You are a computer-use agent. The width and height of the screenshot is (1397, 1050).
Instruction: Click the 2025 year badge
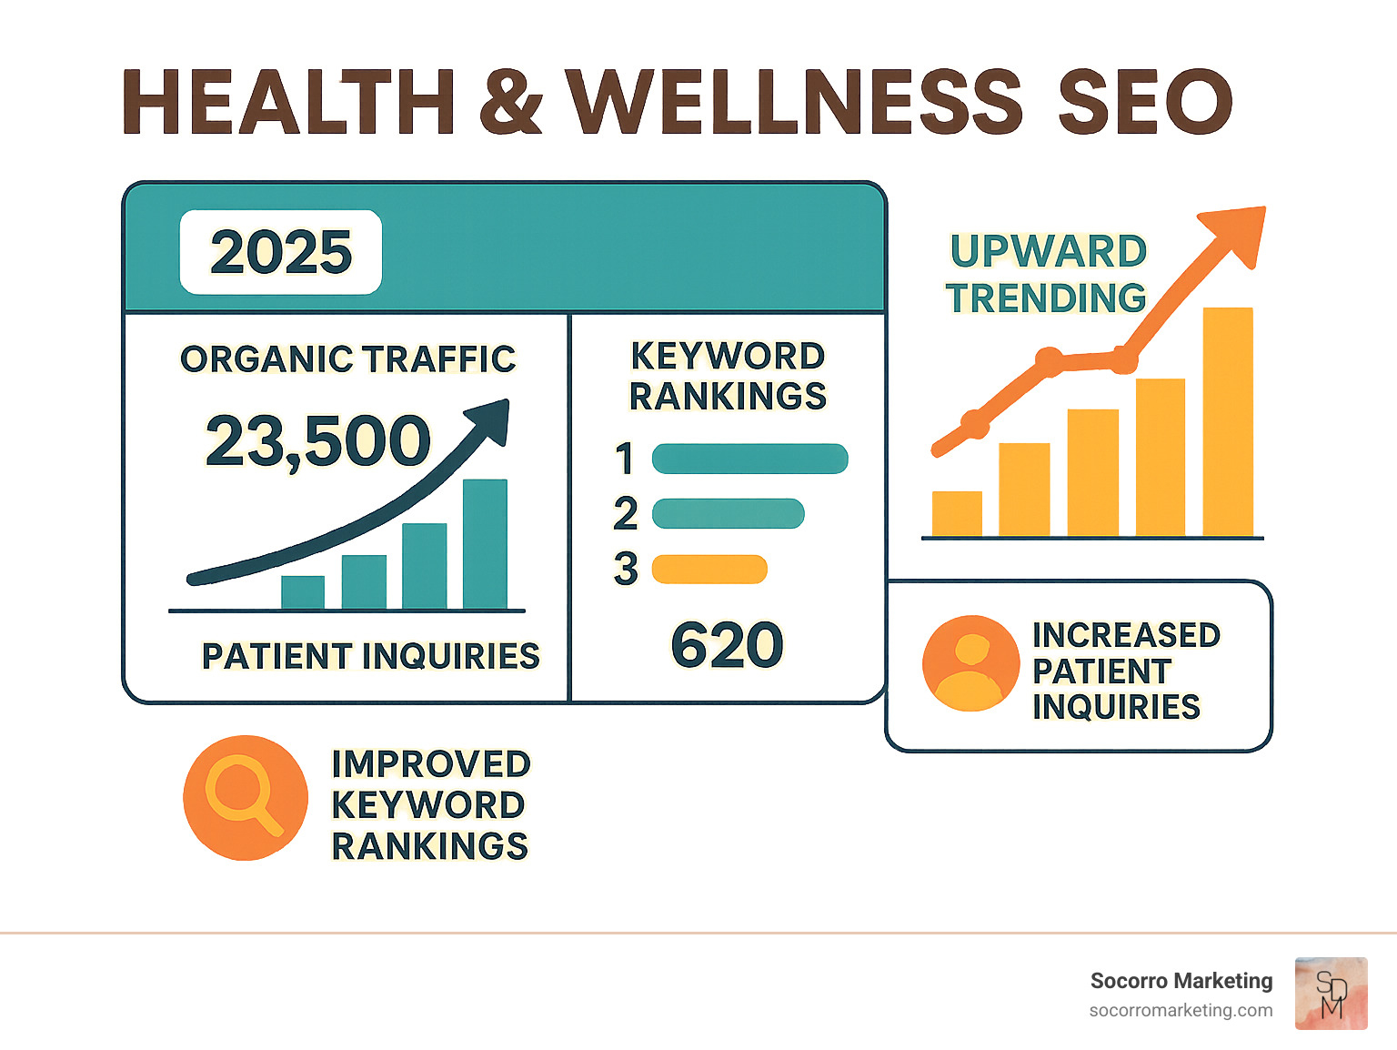[281, 252]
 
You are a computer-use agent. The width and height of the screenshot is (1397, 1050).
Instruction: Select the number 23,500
[318, 441]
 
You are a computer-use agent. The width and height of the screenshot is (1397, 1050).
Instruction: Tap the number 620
[727, 645]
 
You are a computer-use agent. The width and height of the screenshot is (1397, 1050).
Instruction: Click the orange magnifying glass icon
[245, 798]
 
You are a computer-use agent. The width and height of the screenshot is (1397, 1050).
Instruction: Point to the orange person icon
[970, 663]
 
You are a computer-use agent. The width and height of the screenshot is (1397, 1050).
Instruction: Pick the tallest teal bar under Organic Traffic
[485, 543]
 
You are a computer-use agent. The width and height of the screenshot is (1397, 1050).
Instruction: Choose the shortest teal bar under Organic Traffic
[303, 591]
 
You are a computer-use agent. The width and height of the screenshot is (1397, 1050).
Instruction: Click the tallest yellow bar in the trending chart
[1228, 422]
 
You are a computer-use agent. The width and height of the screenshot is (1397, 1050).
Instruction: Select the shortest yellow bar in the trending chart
[957, 514]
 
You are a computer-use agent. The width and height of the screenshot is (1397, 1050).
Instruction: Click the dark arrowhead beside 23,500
[489, 421]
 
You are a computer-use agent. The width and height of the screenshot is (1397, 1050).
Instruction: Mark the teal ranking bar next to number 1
[750, 459]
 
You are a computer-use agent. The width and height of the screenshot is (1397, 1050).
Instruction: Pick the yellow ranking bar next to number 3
[709, 569]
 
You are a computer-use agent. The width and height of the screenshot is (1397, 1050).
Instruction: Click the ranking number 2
[626, 514]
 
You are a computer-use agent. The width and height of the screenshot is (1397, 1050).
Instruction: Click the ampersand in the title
[510, 101]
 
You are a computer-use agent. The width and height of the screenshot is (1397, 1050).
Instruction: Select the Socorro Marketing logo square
[1331, 994]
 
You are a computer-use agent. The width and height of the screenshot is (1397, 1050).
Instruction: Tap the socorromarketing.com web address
[1181, 1010]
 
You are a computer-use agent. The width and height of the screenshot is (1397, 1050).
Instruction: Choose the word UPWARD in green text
[1049, 251]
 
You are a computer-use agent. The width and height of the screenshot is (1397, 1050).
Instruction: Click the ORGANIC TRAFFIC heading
[348, 359]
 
